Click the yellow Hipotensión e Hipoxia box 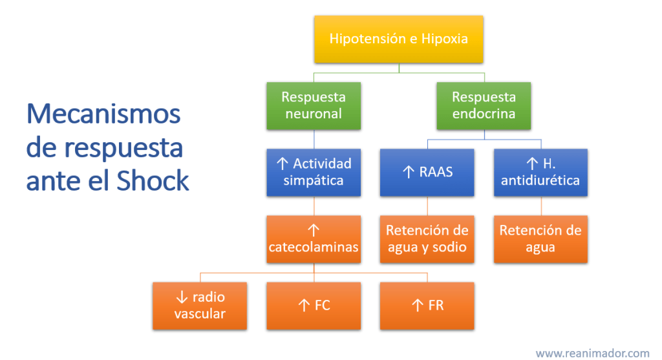(398, 39)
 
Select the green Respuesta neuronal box (314, 105)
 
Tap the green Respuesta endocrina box (484, 105)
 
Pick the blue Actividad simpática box (314, 171)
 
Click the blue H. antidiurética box (540, 171)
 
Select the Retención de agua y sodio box (427, 238)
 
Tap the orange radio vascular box (200, 305)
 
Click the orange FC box (314, 305)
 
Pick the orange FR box (427, 305)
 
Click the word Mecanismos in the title (103, 115)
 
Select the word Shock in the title (153, 182)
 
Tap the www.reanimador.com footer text (592, 353)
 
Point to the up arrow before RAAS (409, 172)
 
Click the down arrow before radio (181, 297)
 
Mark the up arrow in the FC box (303, 305)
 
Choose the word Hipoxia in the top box (444, 39)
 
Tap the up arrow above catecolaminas (314, 230)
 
